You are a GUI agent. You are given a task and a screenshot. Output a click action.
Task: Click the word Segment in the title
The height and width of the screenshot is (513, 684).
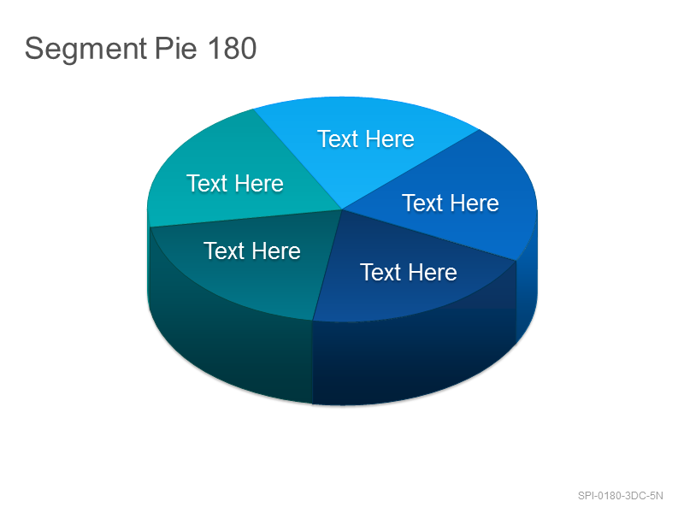(x=85, y=50)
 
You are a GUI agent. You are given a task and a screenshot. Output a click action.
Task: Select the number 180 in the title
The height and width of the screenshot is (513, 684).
(x=232, y=48)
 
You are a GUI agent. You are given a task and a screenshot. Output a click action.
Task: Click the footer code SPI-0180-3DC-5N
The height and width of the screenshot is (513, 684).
(x=621, y=496)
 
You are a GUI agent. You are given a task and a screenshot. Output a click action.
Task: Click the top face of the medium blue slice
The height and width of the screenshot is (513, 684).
(x=454, y=197)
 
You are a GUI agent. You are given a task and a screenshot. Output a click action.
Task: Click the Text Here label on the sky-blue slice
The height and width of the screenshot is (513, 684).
(x=366, y=139)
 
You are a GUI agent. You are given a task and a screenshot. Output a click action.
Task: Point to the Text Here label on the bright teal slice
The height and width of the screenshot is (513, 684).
(x=234, y=183)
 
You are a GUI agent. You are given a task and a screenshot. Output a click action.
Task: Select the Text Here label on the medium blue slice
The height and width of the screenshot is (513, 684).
(x=451, y=203)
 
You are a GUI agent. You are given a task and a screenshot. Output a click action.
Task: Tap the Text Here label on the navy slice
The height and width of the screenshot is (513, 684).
(x=409, y=272)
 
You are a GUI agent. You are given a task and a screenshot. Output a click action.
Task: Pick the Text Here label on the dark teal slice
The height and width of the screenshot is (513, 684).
(x=252, y=251)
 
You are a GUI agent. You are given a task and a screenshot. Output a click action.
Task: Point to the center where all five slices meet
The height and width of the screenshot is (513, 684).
(x=342, y=209)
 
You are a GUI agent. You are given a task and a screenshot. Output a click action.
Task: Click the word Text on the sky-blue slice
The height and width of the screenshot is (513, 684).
(x=338, y=139)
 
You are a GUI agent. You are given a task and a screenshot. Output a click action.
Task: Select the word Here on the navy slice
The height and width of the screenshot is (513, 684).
(x=433, y=272)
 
